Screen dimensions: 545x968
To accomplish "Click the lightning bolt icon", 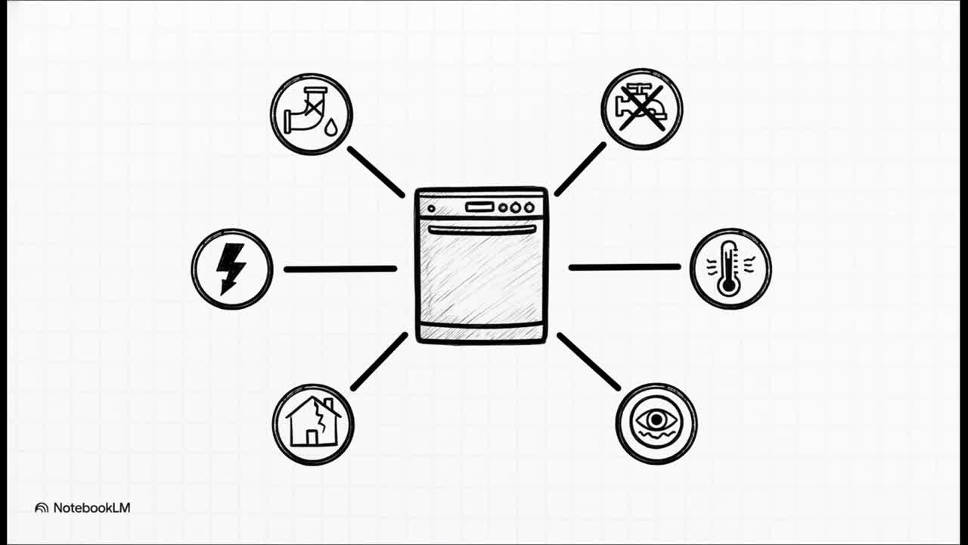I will click(231, 269).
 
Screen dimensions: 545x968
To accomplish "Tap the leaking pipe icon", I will click(311, 114).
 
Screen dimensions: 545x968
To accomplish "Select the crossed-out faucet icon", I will click(641, 109).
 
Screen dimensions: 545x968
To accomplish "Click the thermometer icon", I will click(730, 268).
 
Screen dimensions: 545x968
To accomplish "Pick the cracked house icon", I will click(312, 424).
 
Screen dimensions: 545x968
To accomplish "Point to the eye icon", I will click(656, 422).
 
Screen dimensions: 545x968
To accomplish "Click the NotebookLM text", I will click(92, 508).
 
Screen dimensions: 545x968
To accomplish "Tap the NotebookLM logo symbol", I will click(42, 508).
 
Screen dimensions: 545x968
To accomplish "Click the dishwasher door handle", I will click(482, 229).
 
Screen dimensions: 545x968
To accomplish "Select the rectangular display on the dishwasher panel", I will click(479, 207).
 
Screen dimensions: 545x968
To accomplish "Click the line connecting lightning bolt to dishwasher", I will click(340, 269).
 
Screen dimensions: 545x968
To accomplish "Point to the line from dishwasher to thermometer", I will click(624, 267).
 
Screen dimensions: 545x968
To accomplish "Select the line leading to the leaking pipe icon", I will click(376, 172).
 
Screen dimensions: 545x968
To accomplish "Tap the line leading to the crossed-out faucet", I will click(581, 169).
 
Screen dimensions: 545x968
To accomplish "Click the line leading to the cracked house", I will click(379, 362).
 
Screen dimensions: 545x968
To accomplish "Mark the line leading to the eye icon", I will click(588, 361).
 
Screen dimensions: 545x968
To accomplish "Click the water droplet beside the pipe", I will click(330, 129).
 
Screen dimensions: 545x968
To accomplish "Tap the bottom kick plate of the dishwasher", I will click(482, 332).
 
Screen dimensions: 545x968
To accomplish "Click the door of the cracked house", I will click(311, 437).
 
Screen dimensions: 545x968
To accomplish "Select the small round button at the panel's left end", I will click(432, 208).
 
